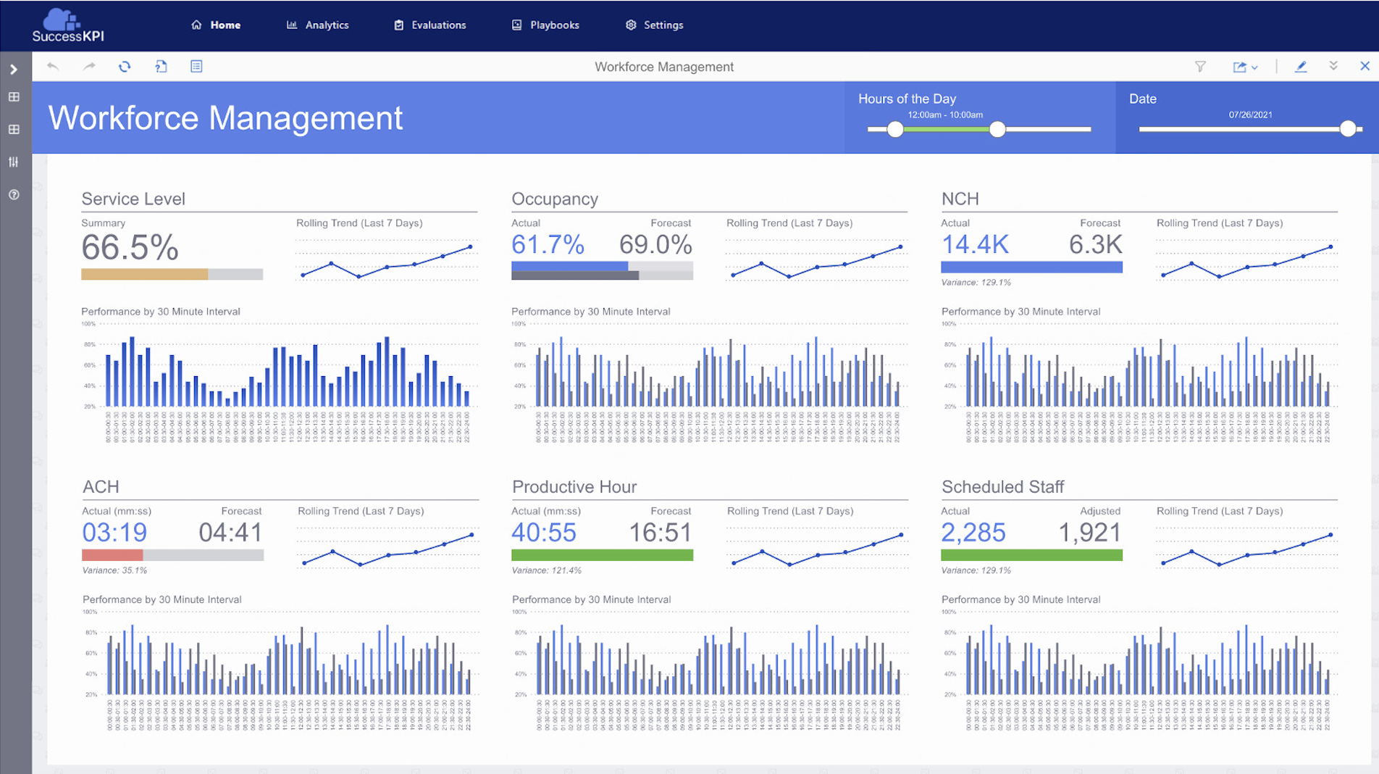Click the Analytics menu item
(318, 25)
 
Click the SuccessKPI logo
(67, 25)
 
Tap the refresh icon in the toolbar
(125, 67)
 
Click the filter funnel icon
(1200, 67)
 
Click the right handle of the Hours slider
(997, 130)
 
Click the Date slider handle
(1347, 129)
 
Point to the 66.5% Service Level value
(130, 248)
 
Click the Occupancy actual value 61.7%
(548, 245)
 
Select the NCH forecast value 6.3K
(1095, 245)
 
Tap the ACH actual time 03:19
(114, 533)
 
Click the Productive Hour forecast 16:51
(660, 533)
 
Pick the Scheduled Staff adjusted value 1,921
(1089, 533)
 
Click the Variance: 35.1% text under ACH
(114, 570)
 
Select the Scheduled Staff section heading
(1002, 487)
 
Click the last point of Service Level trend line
(470, 247)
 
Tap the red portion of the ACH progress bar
(112, 555)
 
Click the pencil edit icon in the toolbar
(1301, 67)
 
